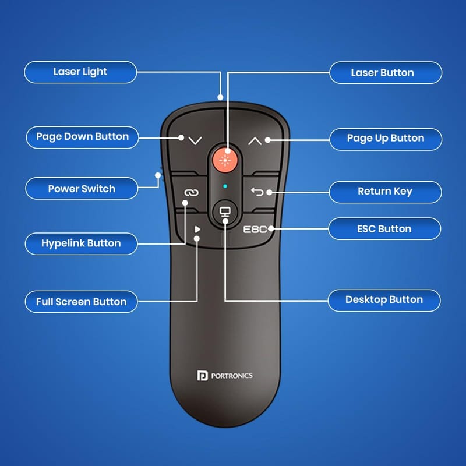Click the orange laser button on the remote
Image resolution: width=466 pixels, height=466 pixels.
225,160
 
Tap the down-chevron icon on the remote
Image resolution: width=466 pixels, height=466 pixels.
195,140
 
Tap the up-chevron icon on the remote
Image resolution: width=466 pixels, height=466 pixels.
255,141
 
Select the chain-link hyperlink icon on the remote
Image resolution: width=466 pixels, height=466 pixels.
191,193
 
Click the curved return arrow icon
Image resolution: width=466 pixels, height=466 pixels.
257,192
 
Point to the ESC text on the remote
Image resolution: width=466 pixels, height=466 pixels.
255,230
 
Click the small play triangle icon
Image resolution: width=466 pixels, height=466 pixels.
197,229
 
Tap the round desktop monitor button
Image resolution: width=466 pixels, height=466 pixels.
225,211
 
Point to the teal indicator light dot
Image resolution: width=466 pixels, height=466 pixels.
225,186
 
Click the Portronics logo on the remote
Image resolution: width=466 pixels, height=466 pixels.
225,375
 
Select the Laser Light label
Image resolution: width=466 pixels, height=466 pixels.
80,72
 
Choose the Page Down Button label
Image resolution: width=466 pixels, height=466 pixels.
82,137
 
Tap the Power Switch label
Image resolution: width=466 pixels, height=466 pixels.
82,188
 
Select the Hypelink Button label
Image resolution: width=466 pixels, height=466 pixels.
81,243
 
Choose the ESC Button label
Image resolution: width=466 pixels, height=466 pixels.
384,228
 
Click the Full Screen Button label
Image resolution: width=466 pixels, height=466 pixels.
81,302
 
